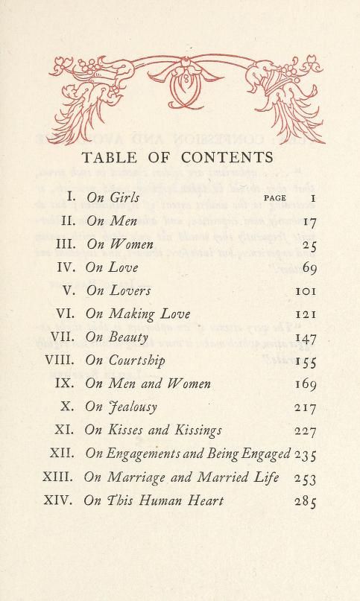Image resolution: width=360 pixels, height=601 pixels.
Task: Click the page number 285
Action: click(306, 501)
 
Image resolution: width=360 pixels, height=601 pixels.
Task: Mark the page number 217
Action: click(306, 408)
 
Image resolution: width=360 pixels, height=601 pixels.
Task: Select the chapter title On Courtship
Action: click(125, 360)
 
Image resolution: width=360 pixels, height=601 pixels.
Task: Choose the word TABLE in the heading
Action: click(109, 157)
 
